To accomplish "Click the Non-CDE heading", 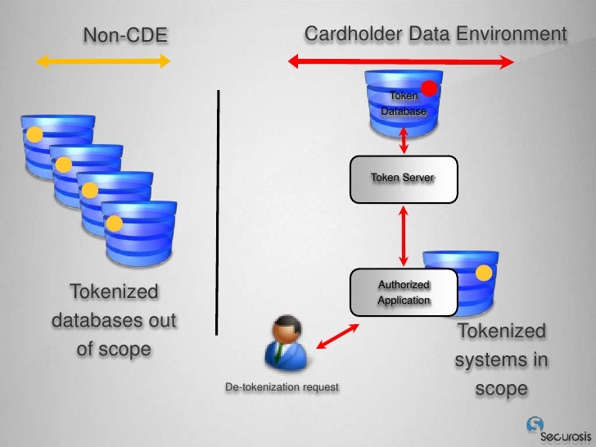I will point(125,35).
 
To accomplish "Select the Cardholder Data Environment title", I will point(435,34).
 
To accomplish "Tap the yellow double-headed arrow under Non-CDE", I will point(104,61).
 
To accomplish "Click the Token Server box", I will point(403,178).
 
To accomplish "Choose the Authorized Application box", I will point(404,292).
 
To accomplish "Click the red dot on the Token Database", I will point(427,88).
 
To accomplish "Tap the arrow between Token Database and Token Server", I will point(404,142).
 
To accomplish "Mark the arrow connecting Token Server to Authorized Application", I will point(404,235).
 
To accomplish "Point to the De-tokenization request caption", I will point(282,386).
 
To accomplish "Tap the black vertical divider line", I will point(219,211).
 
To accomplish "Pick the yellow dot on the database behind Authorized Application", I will point(485,273).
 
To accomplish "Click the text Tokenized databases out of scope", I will point(114,320).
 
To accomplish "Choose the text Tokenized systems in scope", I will point(501,360).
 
